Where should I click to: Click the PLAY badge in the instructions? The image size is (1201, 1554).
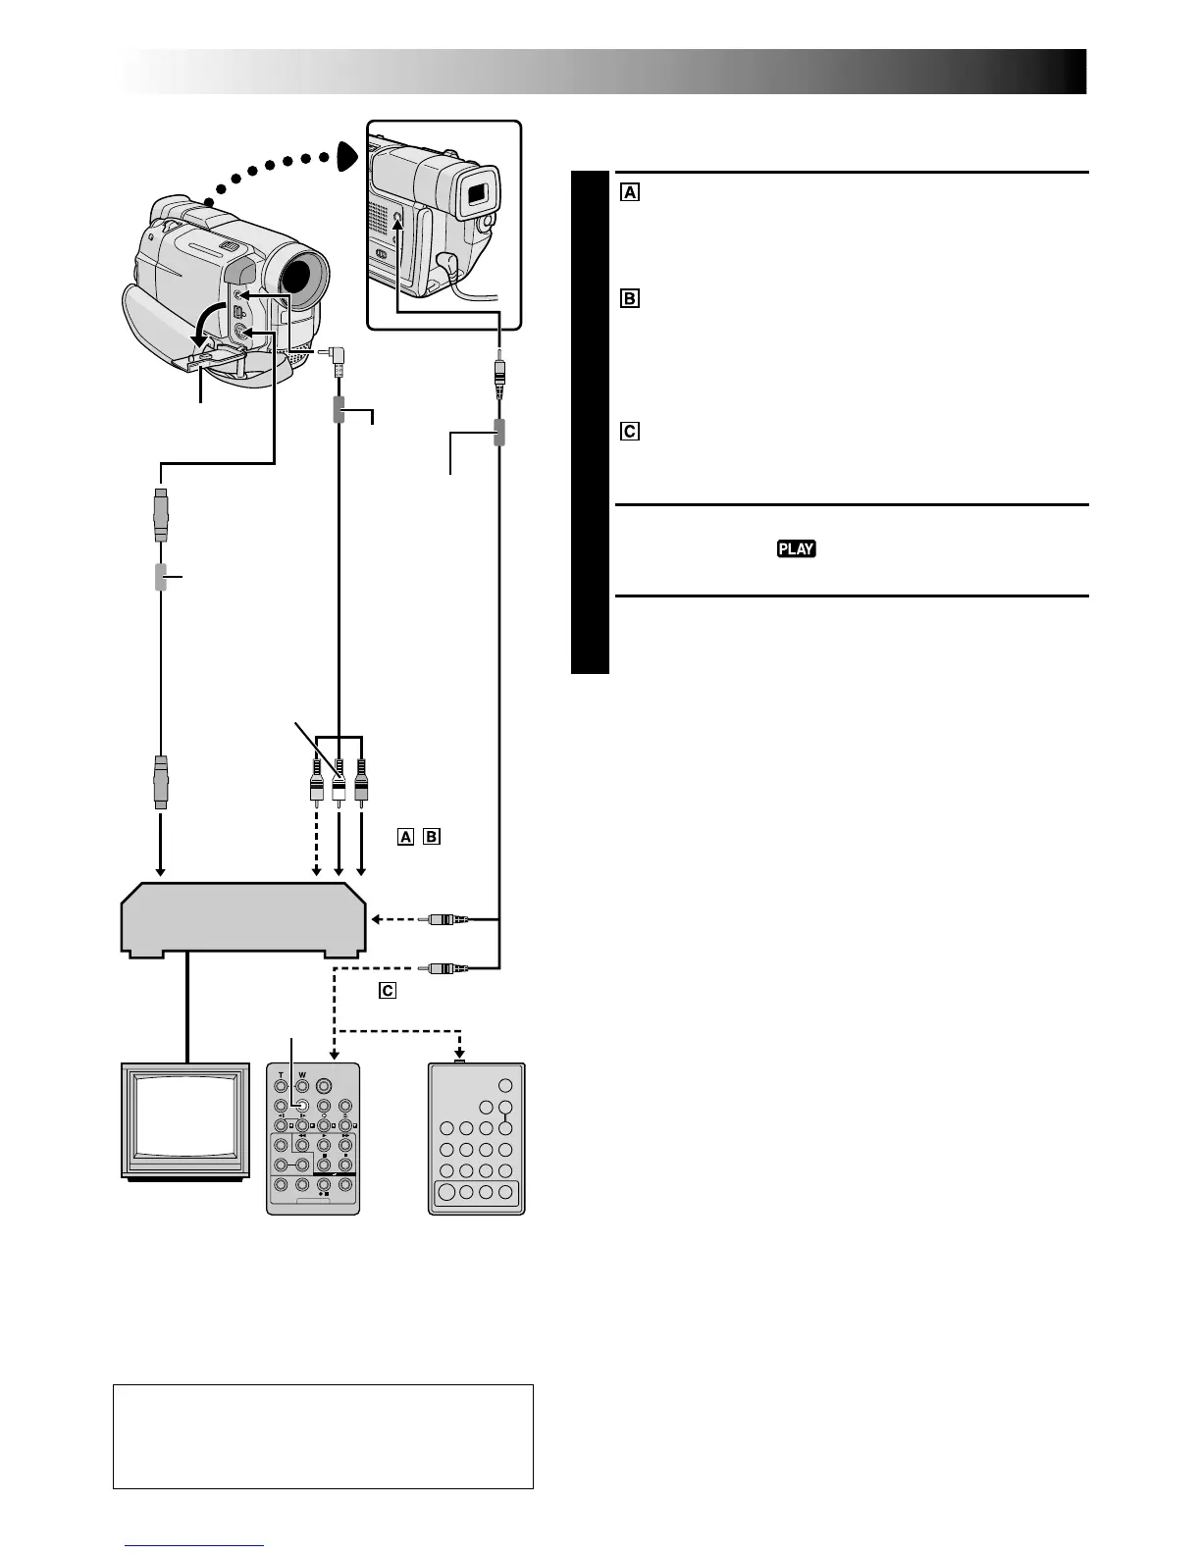tap(797, 548)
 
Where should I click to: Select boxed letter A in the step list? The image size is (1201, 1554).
tap(629, 192)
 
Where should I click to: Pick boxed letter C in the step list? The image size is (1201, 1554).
tap(629, 431)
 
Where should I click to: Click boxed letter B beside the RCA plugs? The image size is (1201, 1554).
tap(432, 837)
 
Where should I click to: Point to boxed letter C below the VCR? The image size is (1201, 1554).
tap(388, 991)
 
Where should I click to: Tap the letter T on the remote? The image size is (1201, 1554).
tap(280, 1074)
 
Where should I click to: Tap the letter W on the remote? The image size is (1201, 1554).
tap(302, 1074)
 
